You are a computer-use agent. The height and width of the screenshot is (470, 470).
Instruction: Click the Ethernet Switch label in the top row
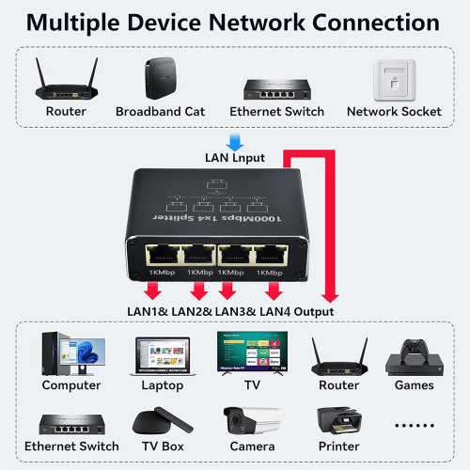coord(277,112)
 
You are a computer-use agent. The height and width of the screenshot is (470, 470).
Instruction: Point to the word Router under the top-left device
coord(66,112)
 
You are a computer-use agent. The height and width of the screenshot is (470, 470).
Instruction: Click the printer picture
coord(339,421)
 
